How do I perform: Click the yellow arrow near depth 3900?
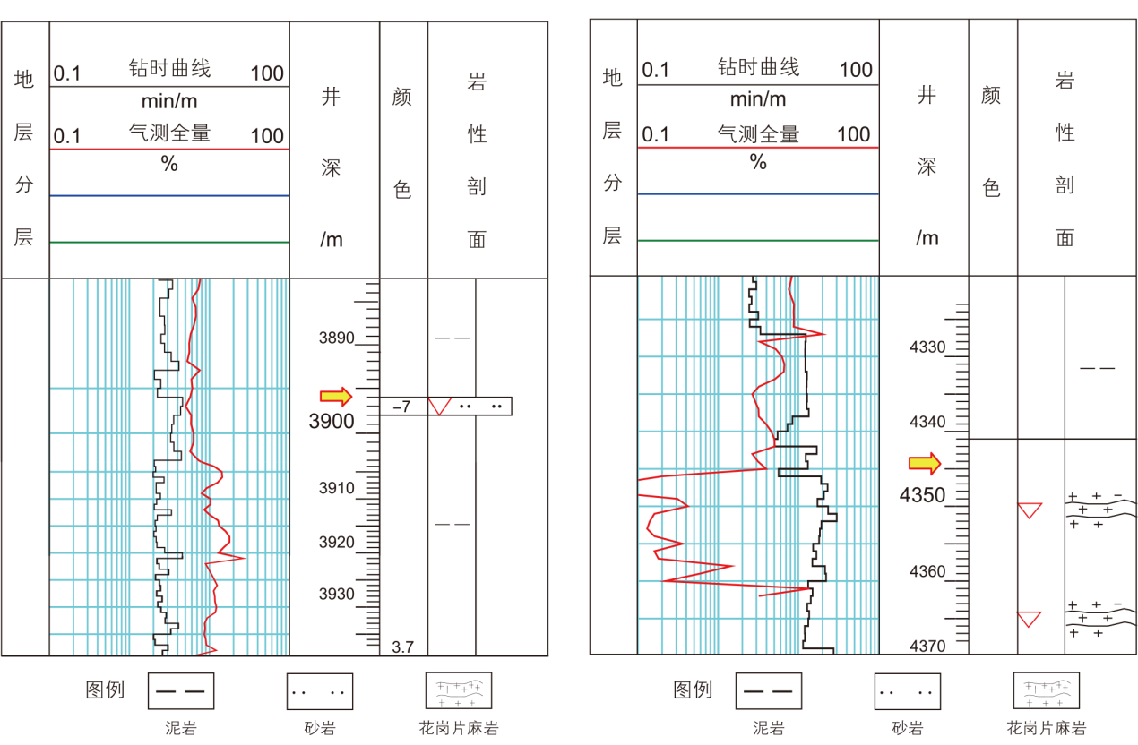336,396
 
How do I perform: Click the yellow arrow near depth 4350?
925,463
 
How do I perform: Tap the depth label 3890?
336,338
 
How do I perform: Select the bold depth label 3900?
331,422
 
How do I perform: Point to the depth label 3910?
336,489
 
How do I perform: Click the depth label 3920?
336,542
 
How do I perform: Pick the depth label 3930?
336,595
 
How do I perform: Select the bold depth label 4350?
923,495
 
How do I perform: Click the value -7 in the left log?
401,407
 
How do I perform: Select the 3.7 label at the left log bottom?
402,647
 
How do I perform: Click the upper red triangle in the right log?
1030,510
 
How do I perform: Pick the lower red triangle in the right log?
1030,618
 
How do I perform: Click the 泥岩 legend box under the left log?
181,691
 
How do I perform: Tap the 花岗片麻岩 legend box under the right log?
1047,691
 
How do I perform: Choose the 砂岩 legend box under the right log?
908,691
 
